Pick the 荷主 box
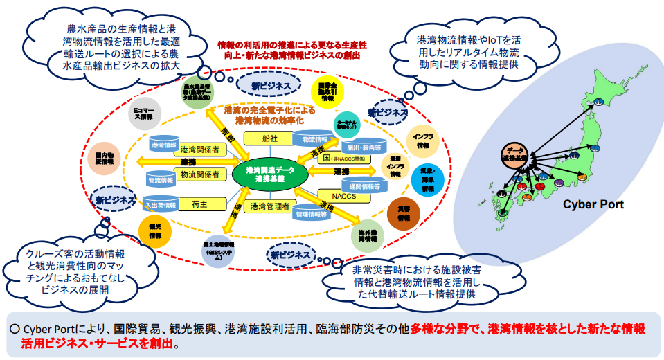[x=198, y=204]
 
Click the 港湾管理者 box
[x=270, y=206]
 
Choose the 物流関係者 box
[x=199, y=176]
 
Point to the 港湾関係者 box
[x=199, y=149]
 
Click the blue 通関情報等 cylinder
[x=364, y=186]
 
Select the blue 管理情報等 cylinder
[x=311, y=215]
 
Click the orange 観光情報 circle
[x=155, y=231]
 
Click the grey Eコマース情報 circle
[x=145, y=114]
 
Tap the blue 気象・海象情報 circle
[x=427, y=179]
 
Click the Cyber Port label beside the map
[x=593, y=204]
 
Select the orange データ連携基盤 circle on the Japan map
[x=514, y=154]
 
